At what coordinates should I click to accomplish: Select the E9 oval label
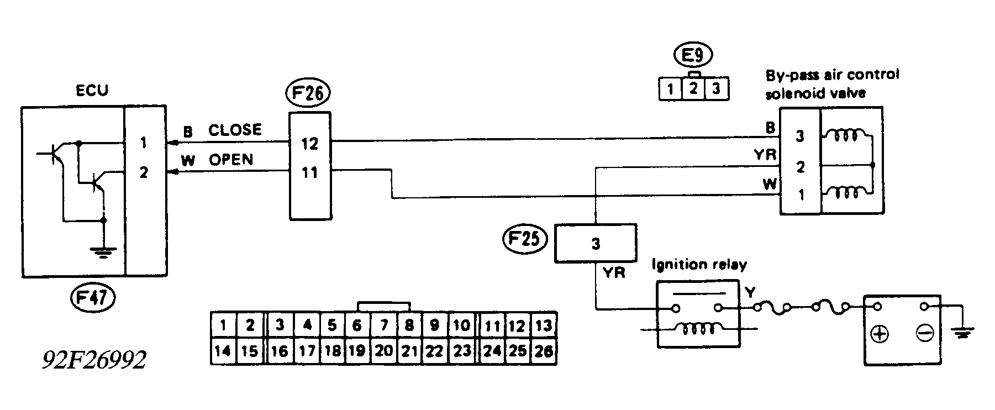693,55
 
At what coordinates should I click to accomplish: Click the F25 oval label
524,240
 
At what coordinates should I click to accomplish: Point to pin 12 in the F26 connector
310,144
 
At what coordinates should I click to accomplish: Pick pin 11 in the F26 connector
310,173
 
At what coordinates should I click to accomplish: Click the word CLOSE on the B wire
235,130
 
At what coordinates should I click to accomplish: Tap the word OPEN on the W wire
231,160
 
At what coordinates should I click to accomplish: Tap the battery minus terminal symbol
924,333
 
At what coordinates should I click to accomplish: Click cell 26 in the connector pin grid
543,351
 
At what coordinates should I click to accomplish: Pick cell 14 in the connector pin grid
223,351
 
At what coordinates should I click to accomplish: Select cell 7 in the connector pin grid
383,325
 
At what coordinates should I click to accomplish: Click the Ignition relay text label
699,265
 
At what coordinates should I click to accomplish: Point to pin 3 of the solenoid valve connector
799,136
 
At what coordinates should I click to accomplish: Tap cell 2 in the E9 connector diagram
693,88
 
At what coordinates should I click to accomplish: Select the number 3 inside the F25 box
596,243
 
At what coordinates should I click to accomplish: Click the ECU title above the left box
92,90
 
